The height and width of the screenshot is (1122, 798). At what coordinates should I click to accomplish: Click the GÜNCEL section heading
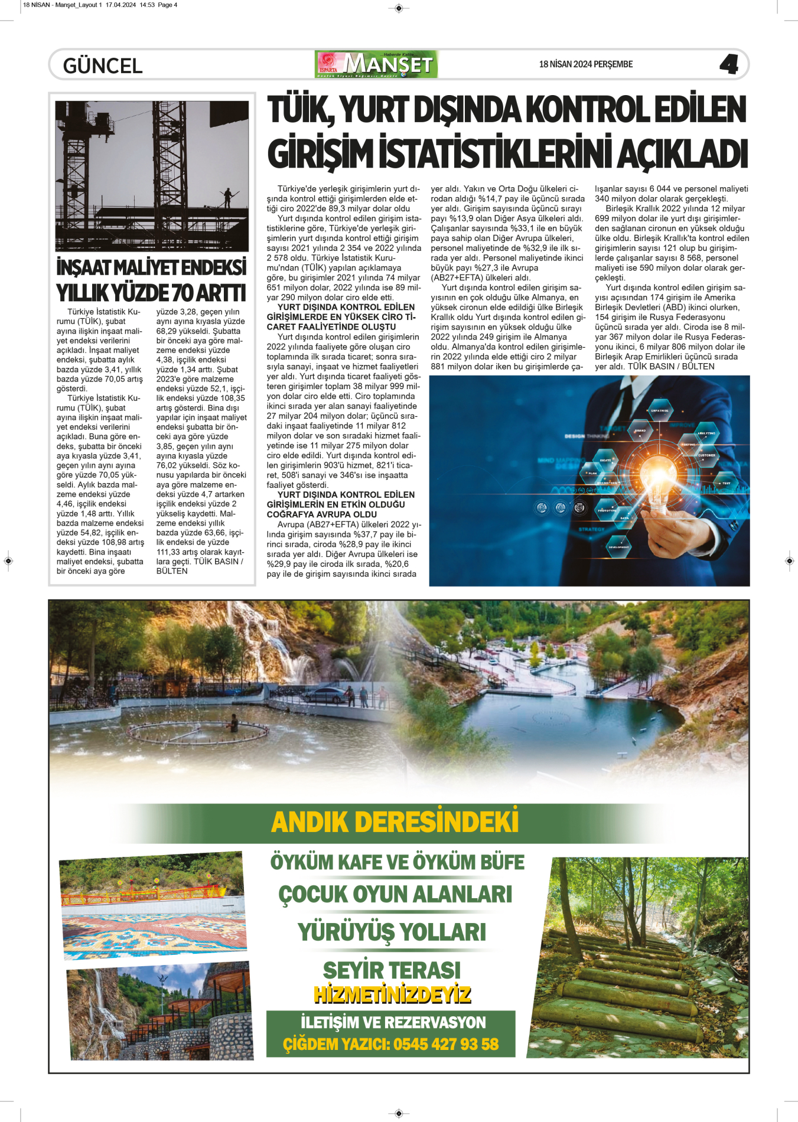103,66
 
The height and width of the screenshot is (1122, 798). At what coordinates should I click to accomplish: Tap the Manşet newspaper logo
377,64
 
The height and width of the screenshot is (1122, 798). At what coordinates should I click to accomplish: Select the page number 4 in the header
729,64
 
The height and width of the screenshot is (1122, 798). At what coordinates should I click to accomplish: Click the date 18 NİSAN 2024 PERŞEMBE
585,64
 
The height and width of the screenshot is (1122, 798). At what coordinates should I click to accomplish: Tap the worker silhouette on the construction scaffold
227,197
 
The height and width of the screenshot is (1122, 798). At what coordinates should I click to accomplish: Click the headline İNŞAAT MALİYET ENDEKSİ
151,268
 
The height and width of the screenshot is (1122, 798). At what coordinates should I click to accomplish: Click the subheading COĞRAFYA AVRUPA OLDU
321,514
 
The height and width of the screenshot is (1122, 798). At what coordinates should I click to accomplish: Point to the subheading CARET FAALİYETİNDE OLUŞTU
331,327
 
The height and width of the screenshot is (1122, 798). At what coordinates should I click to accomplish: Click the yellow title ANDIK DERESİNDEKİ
395,822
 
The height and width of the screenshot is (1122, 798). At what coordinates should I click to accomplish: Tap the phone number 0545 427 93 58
446,1044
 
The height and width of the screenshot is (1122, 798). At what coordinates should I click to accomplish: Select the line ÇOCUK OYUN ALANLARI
395,894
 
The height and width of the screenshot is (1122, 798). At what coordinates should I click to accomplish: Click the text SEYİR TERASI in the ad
392,970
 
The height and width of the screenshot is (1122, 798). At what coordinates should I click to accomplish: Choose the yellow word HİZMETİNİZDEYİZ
392,994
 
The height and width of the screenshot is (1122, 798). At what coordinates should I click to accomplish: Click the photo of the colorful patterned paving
152,904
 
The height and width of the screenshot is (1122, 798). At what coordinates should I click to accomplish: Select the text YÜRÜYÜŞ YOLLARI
392,932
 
